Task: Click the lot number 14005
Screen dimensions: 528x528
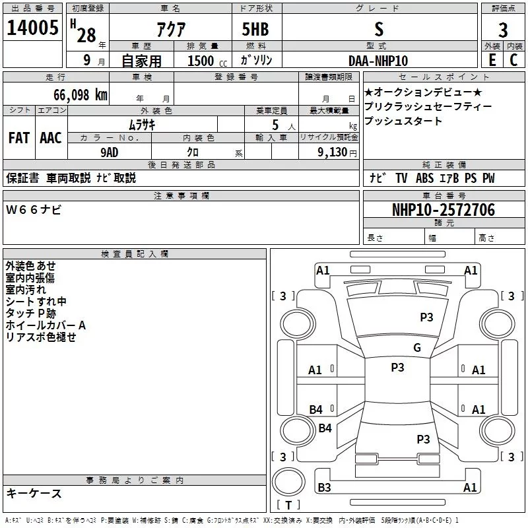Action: [x=32, y=28]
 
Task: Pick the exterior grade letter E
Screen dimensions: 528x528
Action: [x=492, y=59]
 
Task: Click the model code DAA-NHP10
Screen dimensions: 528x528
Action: [x=378, y=60]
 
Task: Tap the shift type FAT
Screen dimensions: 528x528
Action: [x=18, y=138]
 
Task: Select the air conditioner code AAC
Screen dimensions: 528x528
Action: [x=50, y=138]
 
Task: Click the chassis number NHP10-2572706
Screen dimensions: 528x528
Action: [x=443, y=210]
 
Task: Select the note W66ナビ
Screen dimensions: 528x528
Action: [x=34, y=210]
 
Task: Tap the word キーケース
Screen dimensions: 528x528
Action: [x=34, y=493]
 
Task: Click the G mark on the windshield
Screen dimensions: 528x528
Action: [x=416, y=348]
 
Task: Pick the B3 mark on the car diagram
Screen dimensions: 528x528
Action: [x=324, y=488]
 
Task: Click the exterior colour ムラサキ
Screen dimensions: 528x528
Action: [x=141, y=124]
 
